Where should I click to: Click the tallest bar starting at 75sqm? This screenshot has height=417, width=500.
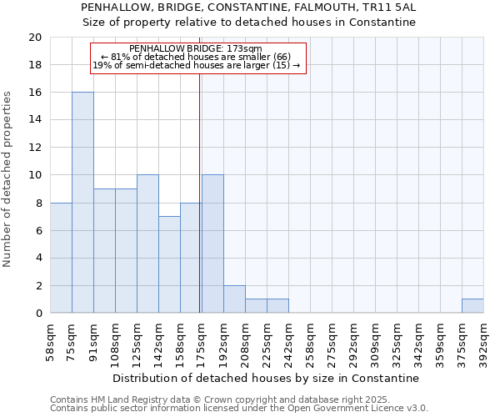(x=82, y=203)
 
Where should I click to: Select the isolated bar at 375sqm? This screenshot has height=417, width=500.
(x=472, y=305)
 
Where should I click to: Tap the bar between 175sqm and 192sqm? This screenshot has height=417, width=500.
(x=212, y=244)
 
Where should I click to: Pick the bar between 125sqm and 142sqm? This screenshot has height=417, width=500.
(x=147, y=244)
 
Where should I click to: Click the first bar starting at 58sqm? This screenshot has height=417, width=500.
(x=61, y=258)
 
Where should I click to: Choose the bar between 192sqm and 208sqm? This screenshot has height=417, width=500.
(x=234, y=299)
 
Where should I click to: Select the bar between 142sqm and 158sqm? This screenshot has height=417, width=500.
(x=169, y=264)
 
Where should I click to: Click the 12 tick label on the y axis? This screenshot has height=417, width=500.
(x=34, y=148)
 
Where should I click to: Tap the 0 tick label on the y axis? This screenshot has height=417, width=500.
(x=37, y=313)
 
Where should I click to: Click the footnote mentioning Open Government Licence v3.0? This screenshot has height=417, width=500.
(x=239, y=409)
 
